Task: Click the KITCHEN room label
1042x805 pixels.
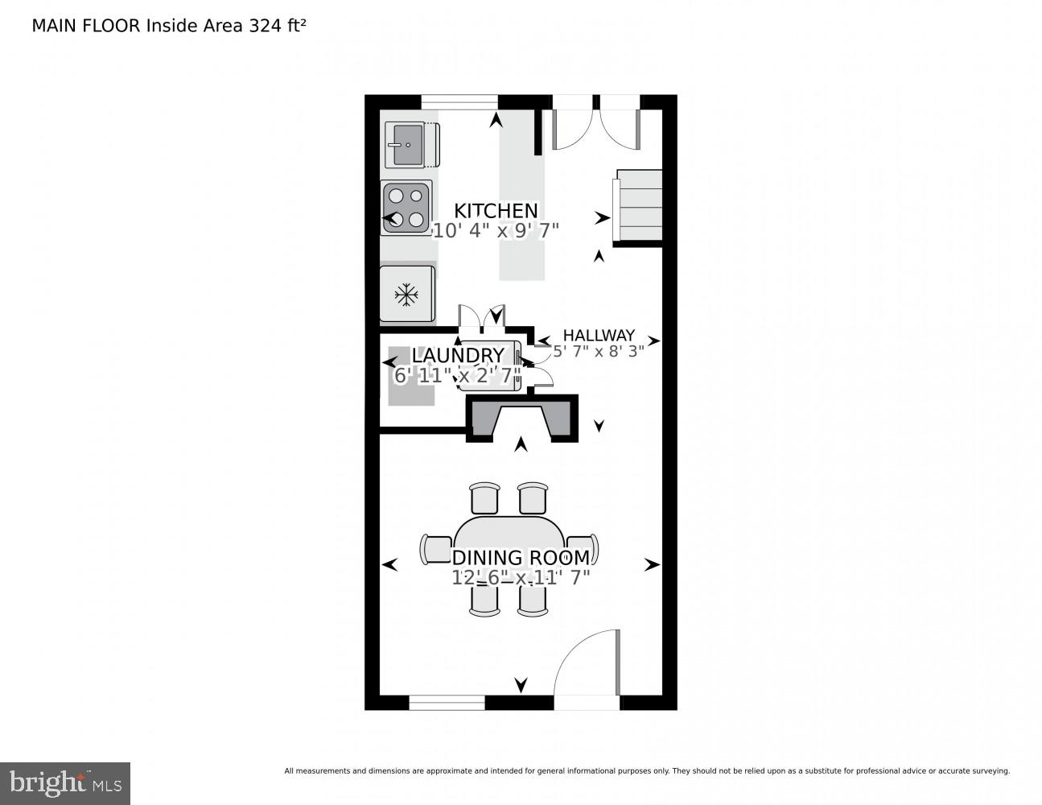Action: coord(496,211)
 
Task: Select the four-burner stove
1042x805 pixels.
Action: coord(406,208)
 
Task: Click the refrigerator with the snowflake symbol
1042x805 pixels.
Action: coord(407,294)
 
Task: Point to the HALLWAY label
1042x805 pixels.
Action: coord(599,335)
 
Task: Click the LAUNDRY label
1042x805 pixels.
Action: coord(458,356)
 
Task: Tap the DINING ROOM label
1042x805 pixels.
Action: coord(521,557)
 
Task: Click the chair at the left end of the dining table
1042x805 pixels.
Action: coord(436,549)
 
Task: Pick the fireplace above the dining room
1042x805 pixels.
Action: coord(522,418)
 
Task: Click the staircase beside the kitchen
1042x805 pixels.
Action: coord(637,205)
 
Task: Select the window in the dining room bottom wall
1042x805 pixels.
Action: coord(447,703)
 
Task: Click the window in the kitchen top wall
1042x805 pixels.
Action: coord(459,102)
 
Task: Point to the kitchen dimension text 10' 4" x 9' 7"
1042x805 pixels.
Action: coord(496,231)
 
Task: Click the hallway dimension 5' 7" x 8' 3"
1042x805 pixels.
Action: coord(599,352)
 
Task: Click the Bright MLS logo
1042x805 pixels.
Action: coord(65,783)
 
